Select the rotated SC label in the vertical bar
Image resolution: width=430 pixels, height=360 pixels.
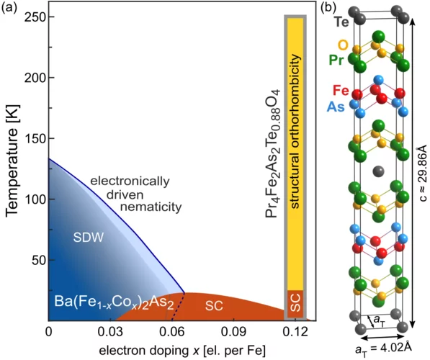tap(295, 305)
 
